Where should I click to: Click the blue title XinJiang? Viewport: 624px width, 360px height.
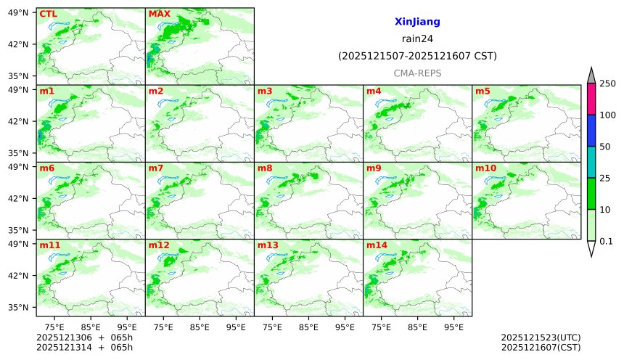[417, 22]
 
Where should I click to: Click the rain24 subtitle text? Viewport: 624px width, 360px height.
[417, 39]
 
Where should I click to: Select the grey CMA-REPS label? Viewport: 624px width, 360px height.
[417, 73]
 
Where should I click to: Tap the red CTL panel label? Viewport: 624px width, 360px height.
[48, 14]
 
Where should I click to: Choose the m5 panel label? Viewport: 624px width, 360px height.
[483, 91]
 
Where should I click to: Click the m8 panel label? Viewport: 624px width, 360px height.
[265, 168]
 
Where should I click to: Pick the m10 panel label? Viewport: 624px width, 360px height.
[485, 168]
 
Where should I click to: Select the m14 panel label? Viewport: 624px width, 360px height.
[377, 245]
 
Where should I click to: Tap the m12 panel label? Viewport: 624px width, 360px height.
[159, 245]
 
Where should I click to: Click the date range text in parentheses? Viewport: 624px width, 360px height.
[417, 56]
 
